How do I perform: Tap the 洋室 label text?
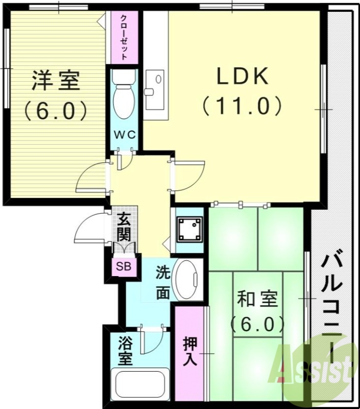tap(56, 81)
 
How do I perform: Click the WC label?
tap(124, 135)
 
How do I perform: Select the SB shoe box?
tap(123, 266)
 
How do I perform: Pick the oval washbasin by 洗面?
tap(187, 280)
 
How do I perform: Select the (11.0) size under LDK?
tap(242, 106)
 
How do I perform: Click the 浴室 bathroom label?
tap(124, 350)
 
